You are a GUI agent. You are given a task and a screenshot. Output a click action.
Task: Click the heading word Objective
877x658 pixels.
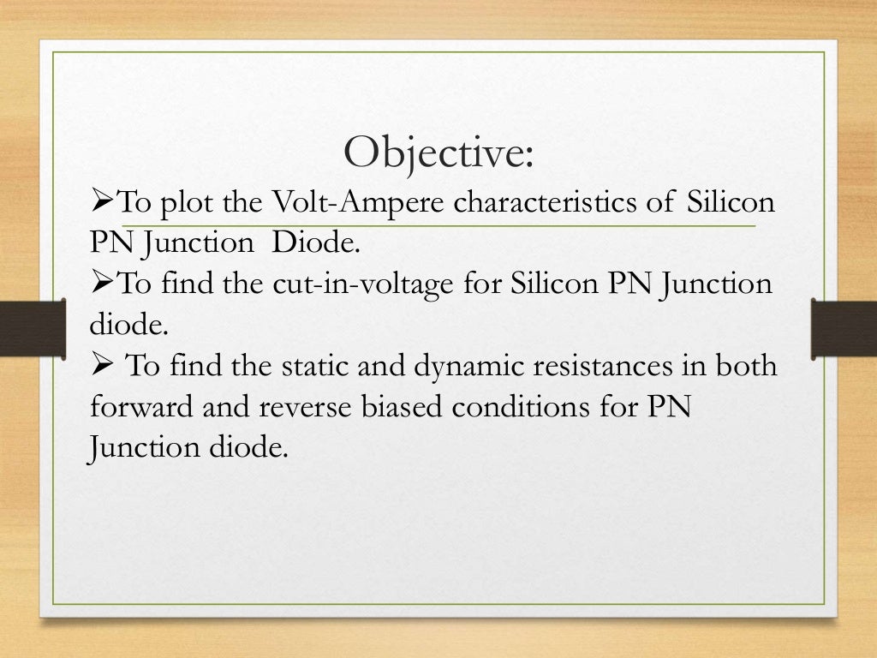[438, 153]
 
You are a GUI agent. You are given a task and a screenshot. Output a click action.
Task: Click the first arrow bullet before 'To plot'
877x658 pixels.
[101, 204]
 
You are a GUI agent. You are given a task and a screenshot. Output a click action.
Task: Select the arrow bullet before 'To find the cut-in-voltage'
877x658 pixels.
[101, 284]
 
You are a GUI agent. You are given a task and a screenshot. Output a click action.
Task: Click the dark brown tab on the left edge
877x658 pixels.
[33, 329]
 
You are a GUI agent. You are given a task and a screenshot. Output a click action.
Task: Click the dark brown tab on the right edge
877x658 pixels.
[844, 329]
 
